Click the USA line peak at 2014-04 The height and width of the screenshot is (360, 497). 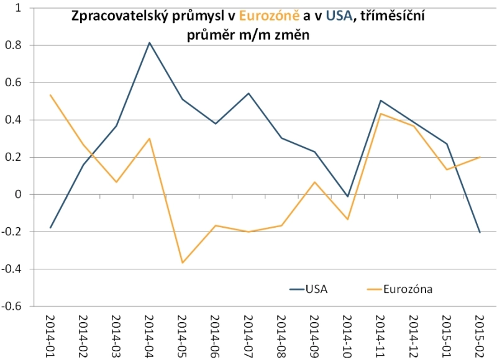[x=150, y=43]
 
